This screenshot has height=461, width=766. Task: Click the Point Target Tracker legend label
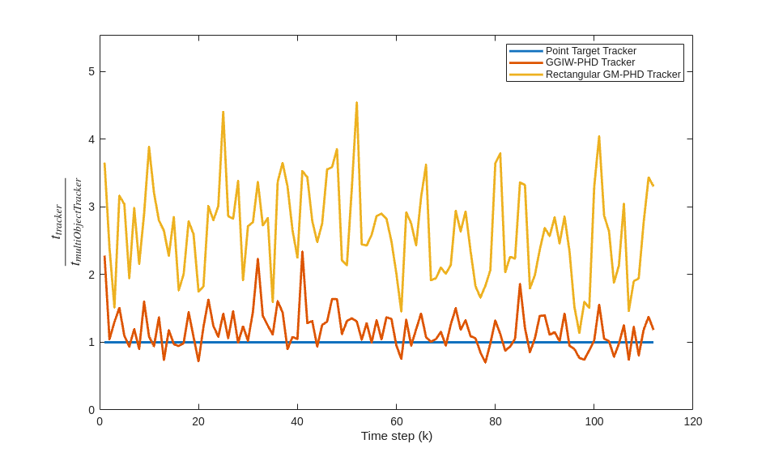click(590, 51)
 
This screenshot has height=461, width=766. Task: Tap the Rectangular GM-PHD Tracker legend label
click(613, 75)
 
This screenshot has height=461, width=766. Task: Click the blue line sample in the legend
click(526, 51)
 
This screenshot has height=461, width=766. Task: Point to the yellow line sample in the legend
click(526, 75)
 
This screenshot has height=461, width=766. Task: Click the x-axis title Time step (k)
click(396, 436)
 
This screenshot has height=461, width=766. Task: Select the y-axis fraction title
click(66, 222)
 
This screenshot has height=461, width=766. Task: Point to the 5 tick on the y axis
click(91, 71)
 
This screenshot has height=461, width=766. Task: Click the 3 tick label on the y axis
click(91, 207)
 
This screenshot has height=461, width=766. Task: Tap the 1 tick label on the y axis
click(91, 342)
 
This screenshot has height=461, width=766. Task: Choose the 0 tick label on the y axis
click(91, 410)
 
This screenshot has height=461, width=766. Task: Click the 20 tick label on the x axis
click(198, 421)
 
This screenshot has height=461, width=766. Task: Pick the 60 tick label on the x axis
click(397, 421)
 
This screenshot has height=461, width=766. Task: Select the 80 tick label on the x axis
click(496, 421)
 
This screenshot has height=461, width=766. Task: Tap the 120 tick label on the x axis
click(693, 421)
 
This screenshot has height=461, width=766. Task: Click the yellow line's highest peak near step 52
click(356, 103)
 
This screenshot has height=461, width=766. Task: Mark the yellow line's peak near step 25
click(223, 112)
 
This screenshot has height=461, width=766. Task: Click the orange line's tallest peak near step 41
click(302, 252)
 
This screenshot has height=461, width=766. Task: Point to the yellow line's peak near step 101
click(599, 136)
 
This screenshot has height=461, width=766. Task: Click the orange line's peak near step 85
click(520, 284)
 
